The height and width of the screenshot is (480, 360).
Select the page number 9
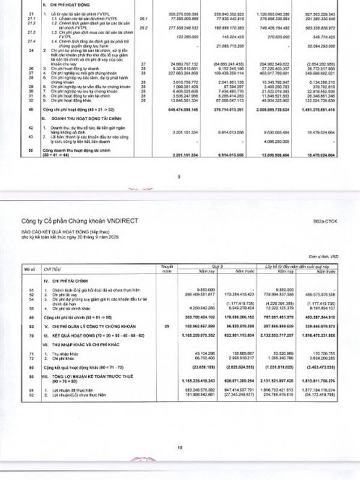(179, 176)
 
